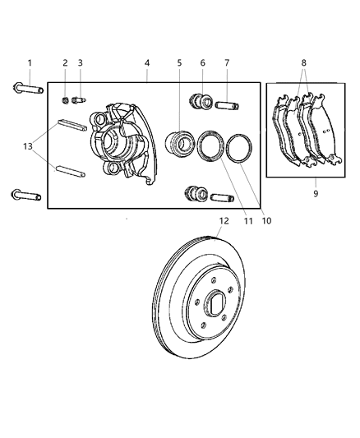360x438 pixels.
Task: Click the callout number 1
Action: click(x=30, y=62)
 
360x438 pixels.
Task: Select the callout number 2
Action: click(x=65, y=63)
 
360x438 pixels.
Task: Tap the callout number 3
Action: click(x=81, y=63)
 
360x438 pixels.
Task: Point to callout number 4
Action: click(x=146, y=62)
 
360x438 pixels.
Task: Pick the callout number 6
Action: click(x=202, y=62)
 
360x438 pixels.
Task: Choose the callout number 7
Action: click(x=227, y=62)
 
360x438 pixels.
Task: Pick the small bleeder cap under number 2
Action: click(x=65, y=101)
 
